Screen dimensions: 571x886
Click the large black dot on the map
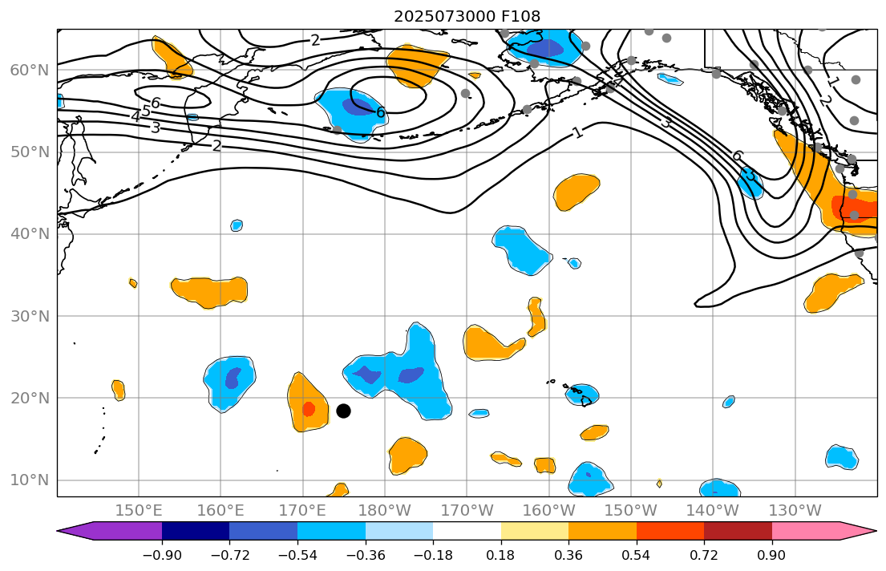click(343, 411)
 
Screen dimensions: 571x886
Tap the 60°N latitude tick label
click(29, 70)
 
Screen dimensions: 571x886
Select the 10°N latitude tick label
click(29, 480)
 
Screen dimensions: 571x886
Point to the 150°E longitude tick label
click(140, 510)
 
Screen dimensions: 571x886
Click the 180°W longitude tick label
click(385, 510)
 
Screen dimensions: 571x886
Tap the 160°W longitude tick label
click(549, 510)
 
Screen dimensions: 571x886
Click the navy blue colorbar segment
click(196, 531)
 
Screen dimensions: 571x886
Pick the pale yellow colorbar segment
click(535, 531)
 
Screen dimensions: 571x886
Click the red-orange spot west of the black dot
click(309, 409)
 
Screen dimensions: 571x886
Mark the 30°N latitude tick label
click(29, 316)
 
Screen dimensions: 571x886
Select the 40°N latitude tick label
click(29, 234)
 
